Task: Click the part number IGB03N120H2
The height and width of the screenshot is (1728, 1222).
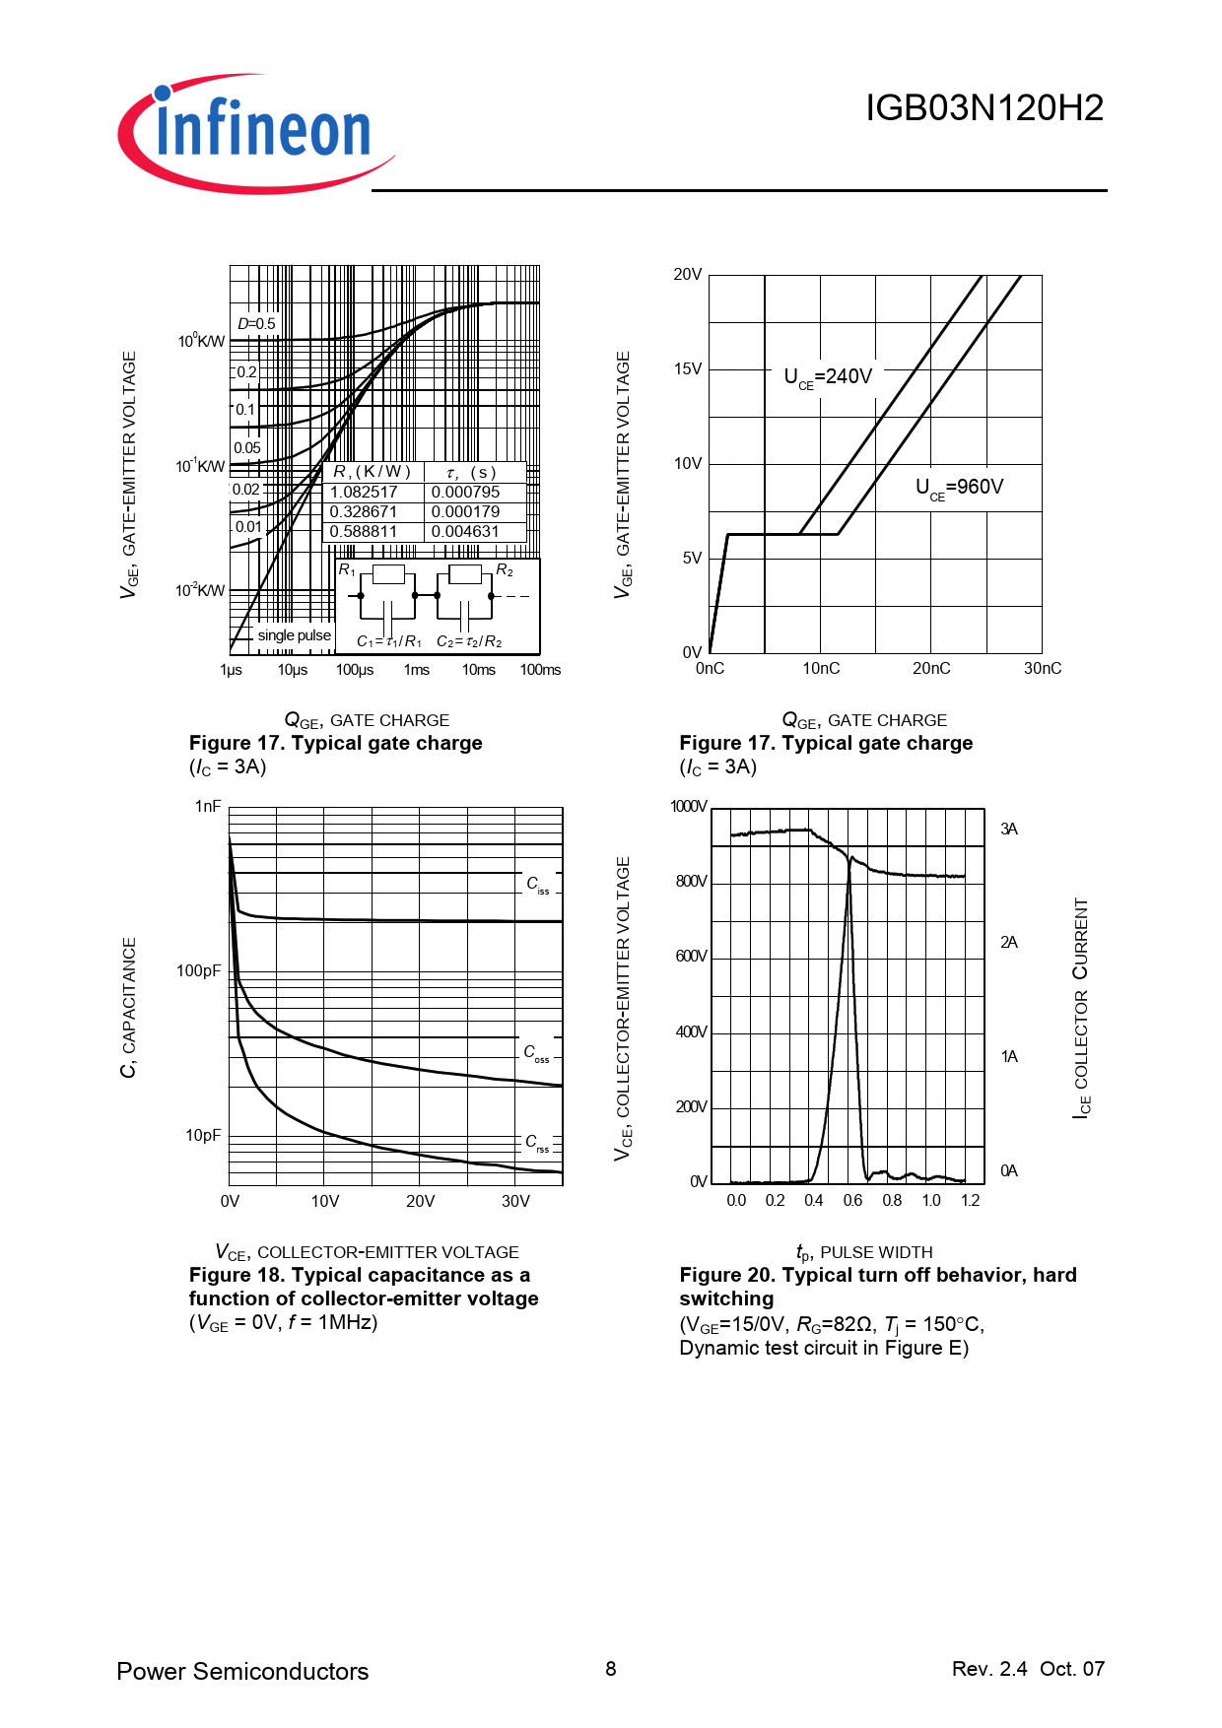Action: pos(984,108)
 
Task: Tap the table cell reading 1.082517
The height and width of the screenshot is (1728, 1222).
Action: pos(364,492)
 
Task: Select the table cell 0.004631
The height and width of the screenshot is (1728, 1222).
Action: pos(465,531)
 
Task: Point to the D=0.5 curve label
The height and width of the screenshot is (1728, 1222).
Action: pos(256,323)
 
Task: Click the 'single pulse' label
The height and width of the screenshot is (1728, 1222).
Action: pos(294,635)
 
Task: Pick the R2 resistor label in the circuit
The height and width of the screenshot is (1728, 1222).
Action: pos(505,570)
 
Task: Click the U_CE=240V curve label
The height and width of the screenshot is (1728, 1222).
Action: pos(828,376)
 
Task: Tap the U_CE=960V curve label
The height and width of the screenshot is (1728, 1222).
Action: pos(959,487)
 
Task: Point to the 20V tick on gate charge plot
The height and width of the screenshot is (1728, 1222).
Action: pos(688,275)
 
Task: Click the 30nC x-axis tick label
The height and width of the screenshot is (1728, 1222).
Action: pos(1042,668)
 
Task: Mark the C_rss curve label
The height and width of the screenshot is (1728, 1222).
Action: pos(536,1142)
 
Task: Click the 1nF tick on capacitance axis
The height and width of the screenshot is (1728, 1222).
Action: pos(208,806)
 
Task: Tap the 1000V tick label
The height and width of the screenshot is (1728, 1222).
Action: pos(688,807)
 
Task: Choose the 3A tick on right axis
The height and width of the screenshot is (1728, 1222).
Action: pos(1009,830)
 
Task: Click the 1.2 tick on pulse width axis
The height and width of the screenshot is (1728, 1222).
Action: pos(970,1200)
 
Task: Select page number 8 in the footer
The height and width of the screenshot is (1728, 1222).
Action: pos(611,1669)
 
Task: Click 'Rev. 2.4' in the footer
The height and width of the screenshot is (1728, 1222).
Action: pos(989,1669)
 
